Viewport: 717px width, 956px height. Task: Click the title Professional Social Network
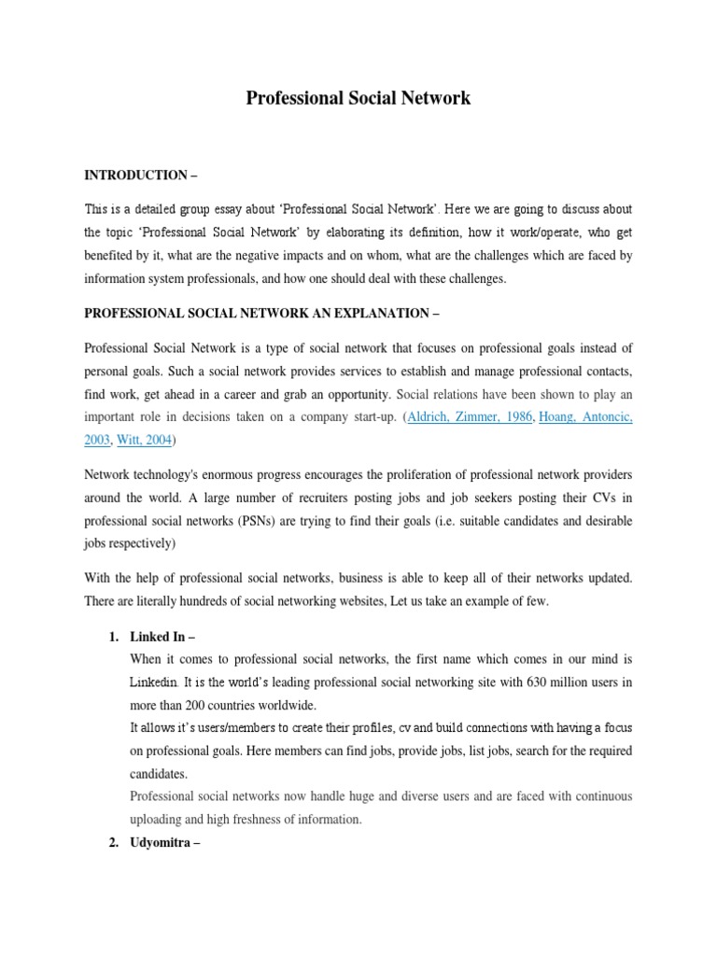(x=358, y=97)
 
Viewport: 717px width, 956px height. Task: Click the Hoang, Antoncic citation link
(x=585, y=417)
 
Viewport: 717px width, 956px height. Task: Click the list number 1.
(x=113, y=637)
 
